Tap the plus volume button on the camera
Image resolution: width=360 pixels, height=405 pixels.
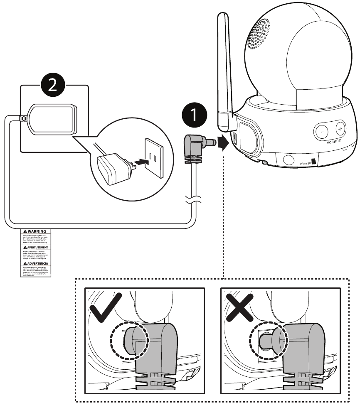(x=340, y=129)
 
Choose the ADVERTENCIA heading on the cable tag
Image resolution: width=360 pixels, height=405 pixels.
(x=35, y=263)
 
